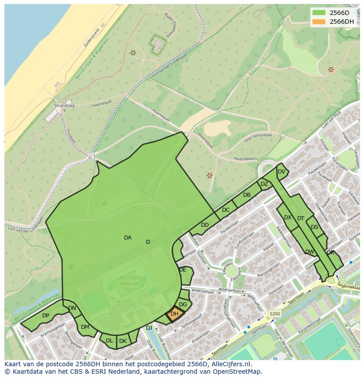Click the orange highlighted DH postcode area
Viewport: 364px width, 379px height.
(x=175, y=314)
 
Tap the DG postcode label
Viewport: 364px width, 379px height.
(x=183, y=305)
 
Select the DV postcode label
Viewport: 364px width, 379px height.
(x=281, y=172)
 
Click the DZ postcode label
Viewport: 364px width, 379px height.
(x=264, y=184)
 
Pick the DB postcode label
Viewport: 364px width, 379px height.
(x=247, y=195)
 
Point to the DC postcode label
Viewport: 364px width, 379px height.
(x=226, y=210)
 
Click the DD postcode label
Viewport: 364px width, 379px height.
(x=205, y=225)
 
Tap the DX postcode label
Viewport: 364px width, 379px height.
(x=288, y=217)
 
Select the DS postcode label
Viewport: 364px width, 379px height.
(x=314, y=227)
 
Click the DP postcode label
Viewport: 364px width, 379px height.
(x=46, y=316)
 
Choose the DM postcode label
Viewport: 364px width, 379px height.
(x=85, y=327)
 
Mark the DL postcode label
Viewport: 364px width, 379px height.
(x=109, y=341)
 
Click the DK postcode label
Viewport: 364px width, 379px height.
(x=123, y=341)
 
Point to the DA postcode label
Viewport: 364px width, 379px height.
(x=127, y=238)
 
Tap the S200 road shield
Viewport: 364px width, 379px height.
(x=274, y=314)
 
